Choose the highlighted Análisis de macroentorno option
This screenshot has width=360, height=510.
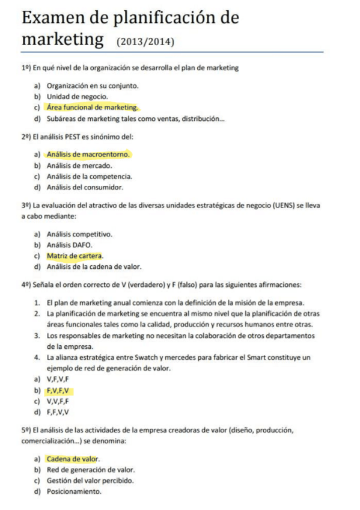[88, 155]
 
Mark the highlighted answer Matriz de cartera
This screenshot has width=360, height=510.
[75, 256]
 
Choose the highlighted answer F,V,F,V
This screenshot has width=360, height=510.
[59, 390]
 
